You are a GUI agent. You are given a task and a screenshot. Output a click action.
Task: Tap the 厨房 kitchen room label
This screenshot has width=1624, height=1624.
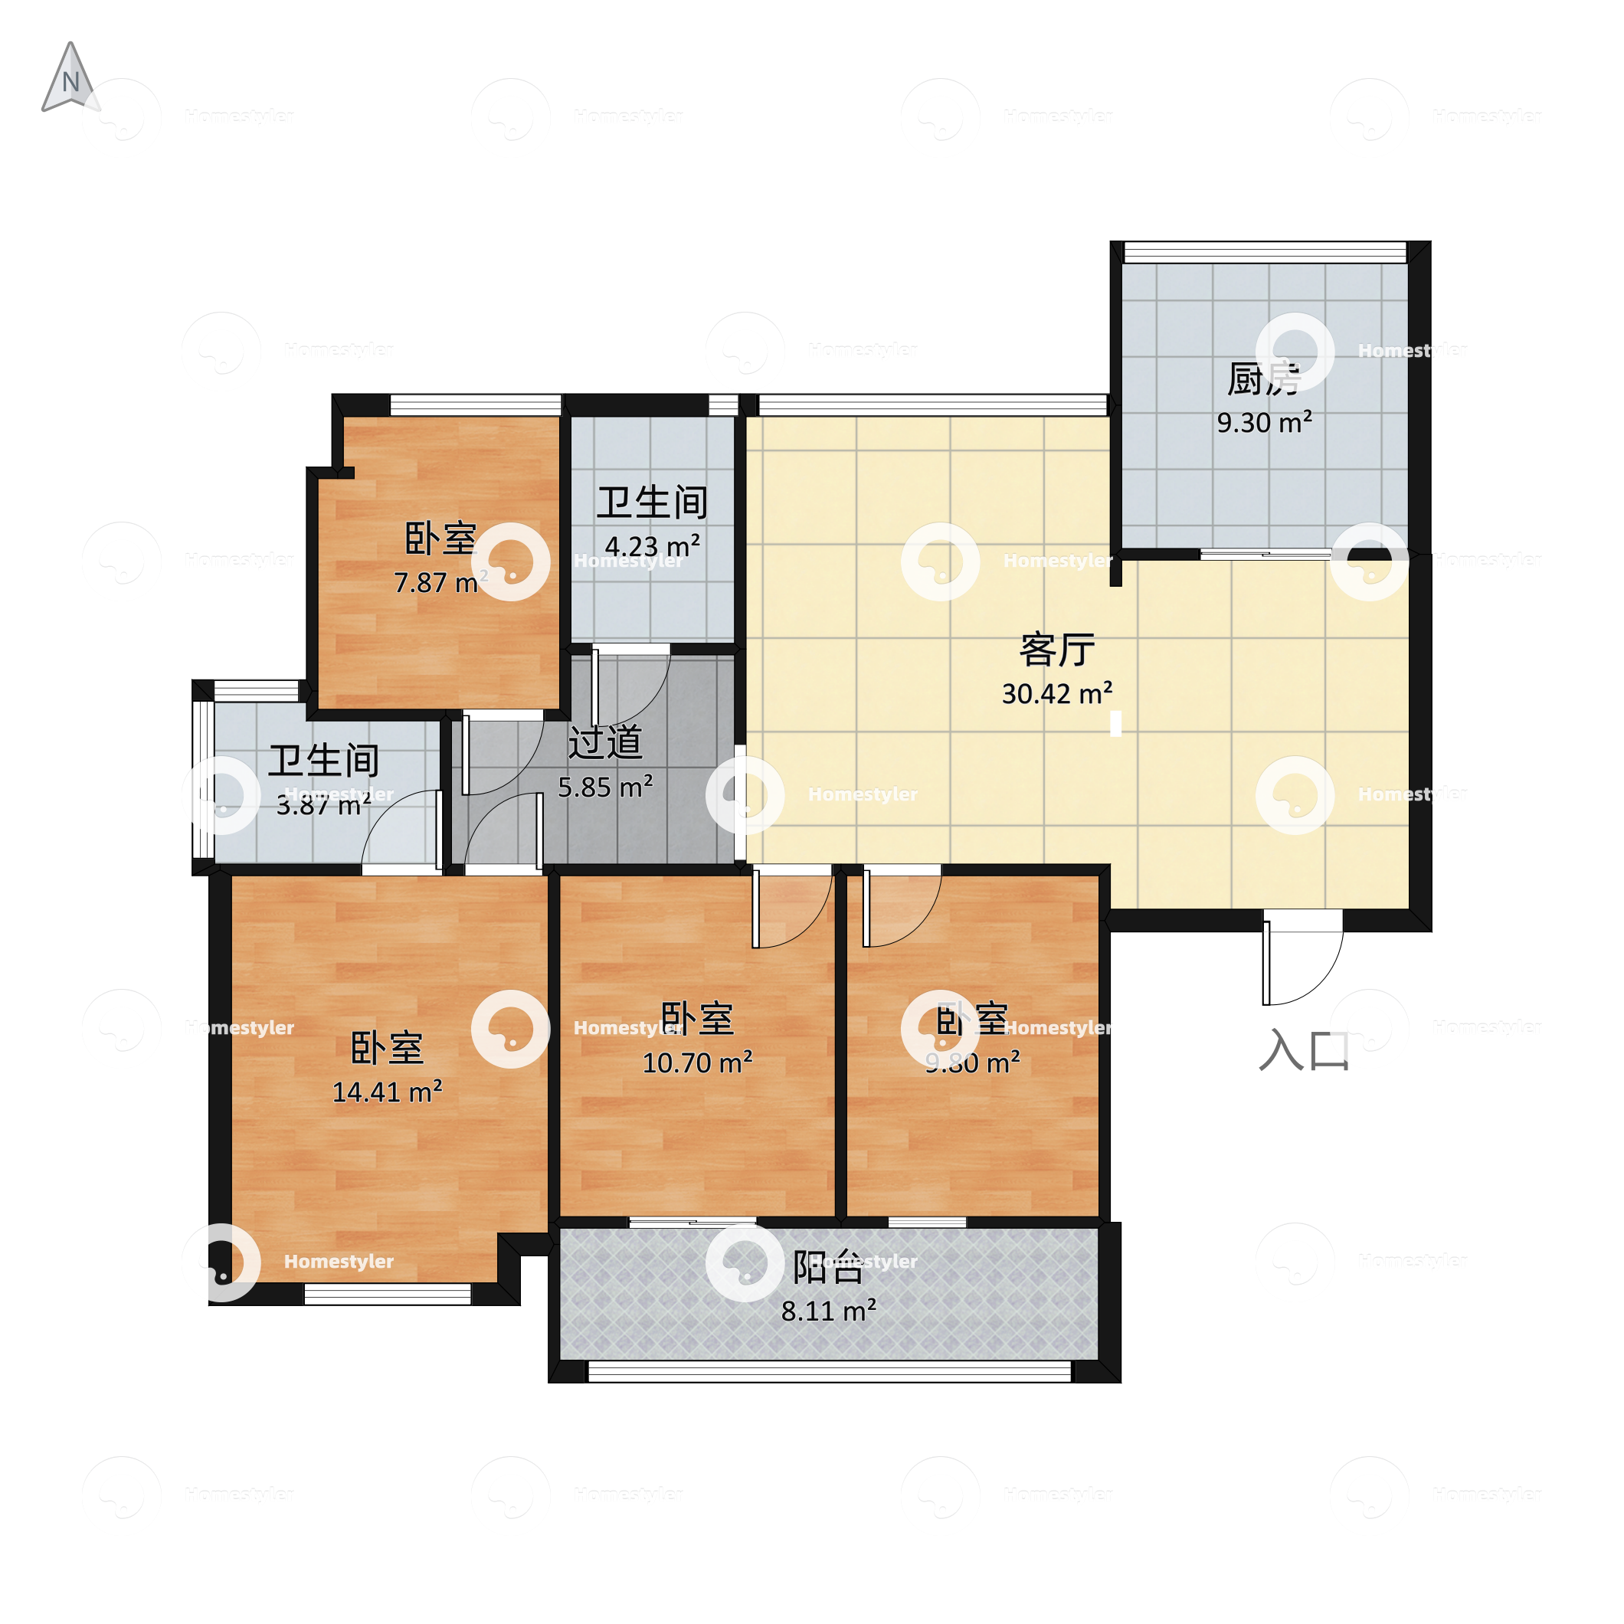coord(1263,379)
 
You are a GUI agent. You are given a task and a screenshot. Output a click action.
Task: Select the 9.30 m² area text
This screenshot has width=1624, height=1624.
coord(1264,423)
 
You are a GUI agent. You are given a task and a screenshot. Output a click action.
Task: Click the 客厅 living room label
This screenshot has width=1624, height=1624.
coord(1056,650)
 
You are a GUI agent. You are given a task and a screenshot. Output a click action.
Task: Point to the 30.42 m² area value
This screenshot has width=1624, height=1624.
coord(1056,694)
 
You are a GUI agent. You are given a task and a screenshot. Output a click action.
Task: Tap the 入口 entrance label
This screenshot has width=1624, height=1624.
coord(1304,1051)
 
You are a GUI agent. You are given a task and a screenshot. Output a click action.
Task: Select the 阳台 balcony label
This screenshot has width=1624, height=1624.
coord(828,1268)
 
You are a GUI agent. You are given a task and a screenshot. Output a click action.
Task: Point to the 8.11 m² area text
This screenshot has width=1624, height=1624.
coord(828,1311)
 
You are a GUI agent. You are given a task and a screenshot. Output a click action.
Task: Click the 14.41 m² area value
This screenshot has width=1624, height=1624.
coord(387,1092)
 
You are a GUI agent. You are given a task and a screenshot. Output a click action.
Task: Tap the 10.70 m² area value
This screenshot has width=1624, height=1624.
coord(697,1063)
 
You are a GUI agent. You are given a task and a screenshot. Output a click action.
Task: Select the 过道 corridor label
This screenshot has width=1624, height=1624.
coord(605,742)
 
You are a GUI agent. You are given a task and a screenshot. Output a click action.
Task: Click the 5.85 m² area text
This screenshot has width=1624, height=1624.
coord(605,787)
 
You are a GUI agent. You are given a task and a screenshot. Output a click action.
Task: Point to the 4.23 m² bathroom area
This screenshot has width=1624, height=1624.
coord(653,546)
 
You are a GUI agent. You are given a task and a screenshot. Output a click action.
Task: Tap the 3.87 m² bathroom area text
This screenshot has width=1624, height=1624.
coord(323,805)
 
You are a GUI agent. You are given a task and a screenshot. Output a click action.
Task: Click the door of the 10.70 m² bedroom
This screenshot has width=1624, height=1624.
coord(790,912)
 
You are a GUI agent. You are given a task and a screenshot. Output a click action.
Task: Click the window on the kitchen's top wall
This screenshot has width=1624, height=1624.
coord(1264,252)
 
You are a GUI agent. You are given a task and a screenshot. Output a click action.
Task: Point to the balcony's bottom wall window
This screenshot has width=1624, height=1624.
coord(829,1372)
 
